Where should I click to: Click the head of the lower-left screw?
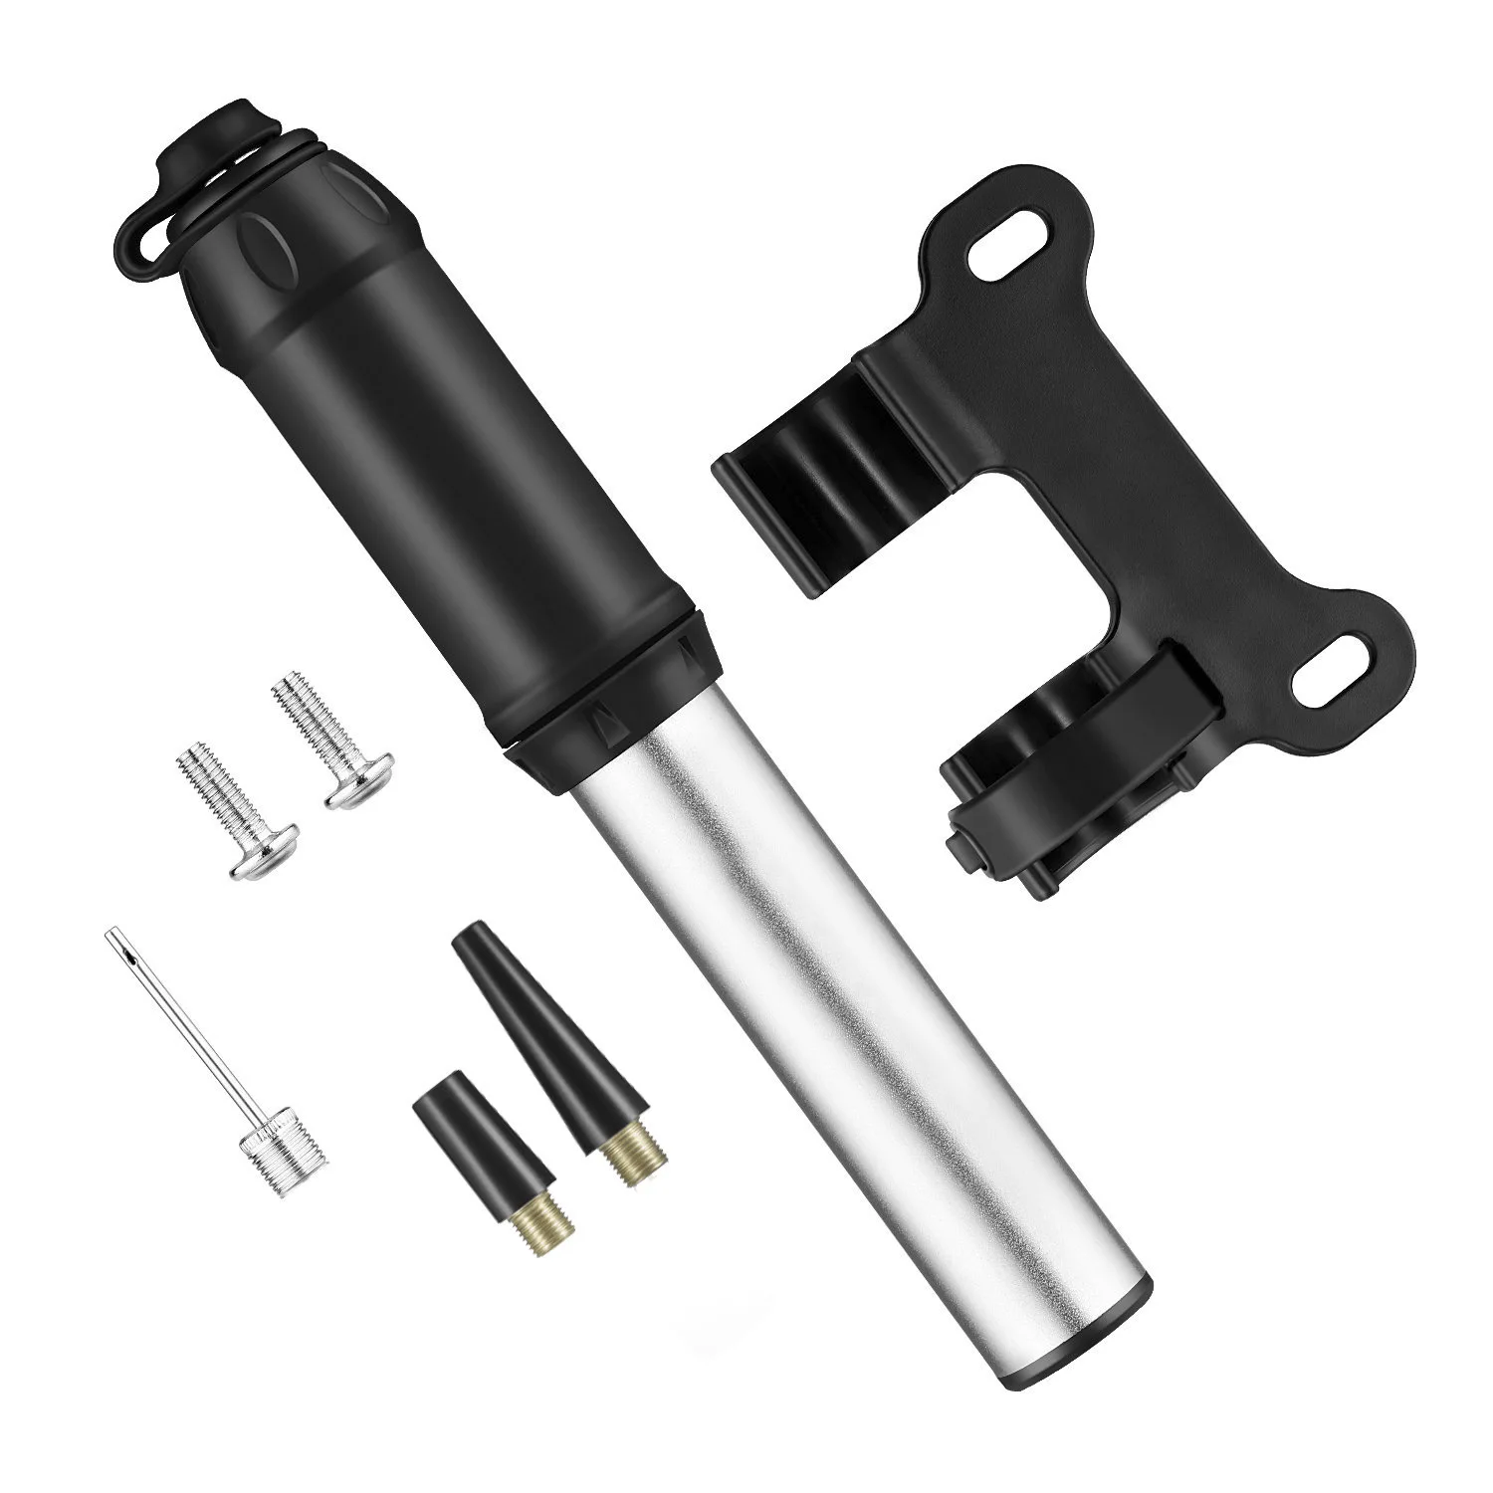coord(264,851)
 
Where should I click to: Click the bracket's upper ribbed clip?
coord(816,478)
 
